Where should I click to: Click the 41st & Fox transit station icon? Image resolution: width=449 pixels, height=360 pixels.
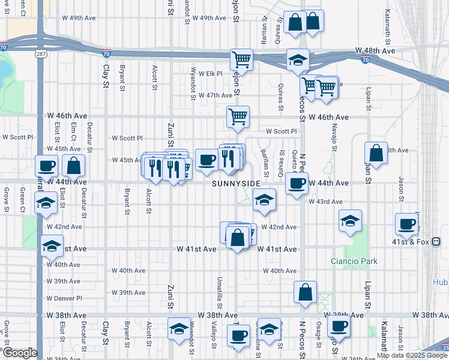(x=436, y=242)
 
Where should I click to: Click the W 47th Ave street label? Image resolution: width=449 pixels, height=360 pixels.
(x=215, y=95)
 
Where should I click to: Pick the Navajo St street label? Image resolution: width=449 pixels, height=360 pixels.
(x=333, y=140)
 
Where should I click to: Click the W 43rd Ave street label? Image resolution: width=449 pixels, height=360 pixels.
(x=325, y=202)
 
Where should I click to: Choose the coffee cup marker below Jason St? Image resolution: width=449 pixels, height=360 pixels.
(x=407, y=224)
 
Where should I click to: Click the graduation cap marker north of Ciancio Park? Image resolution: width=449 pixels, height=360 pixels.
(x=350, y=221)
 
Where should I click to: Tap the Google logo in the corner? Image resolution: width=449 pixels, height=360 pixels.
(x=19, y=353)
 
